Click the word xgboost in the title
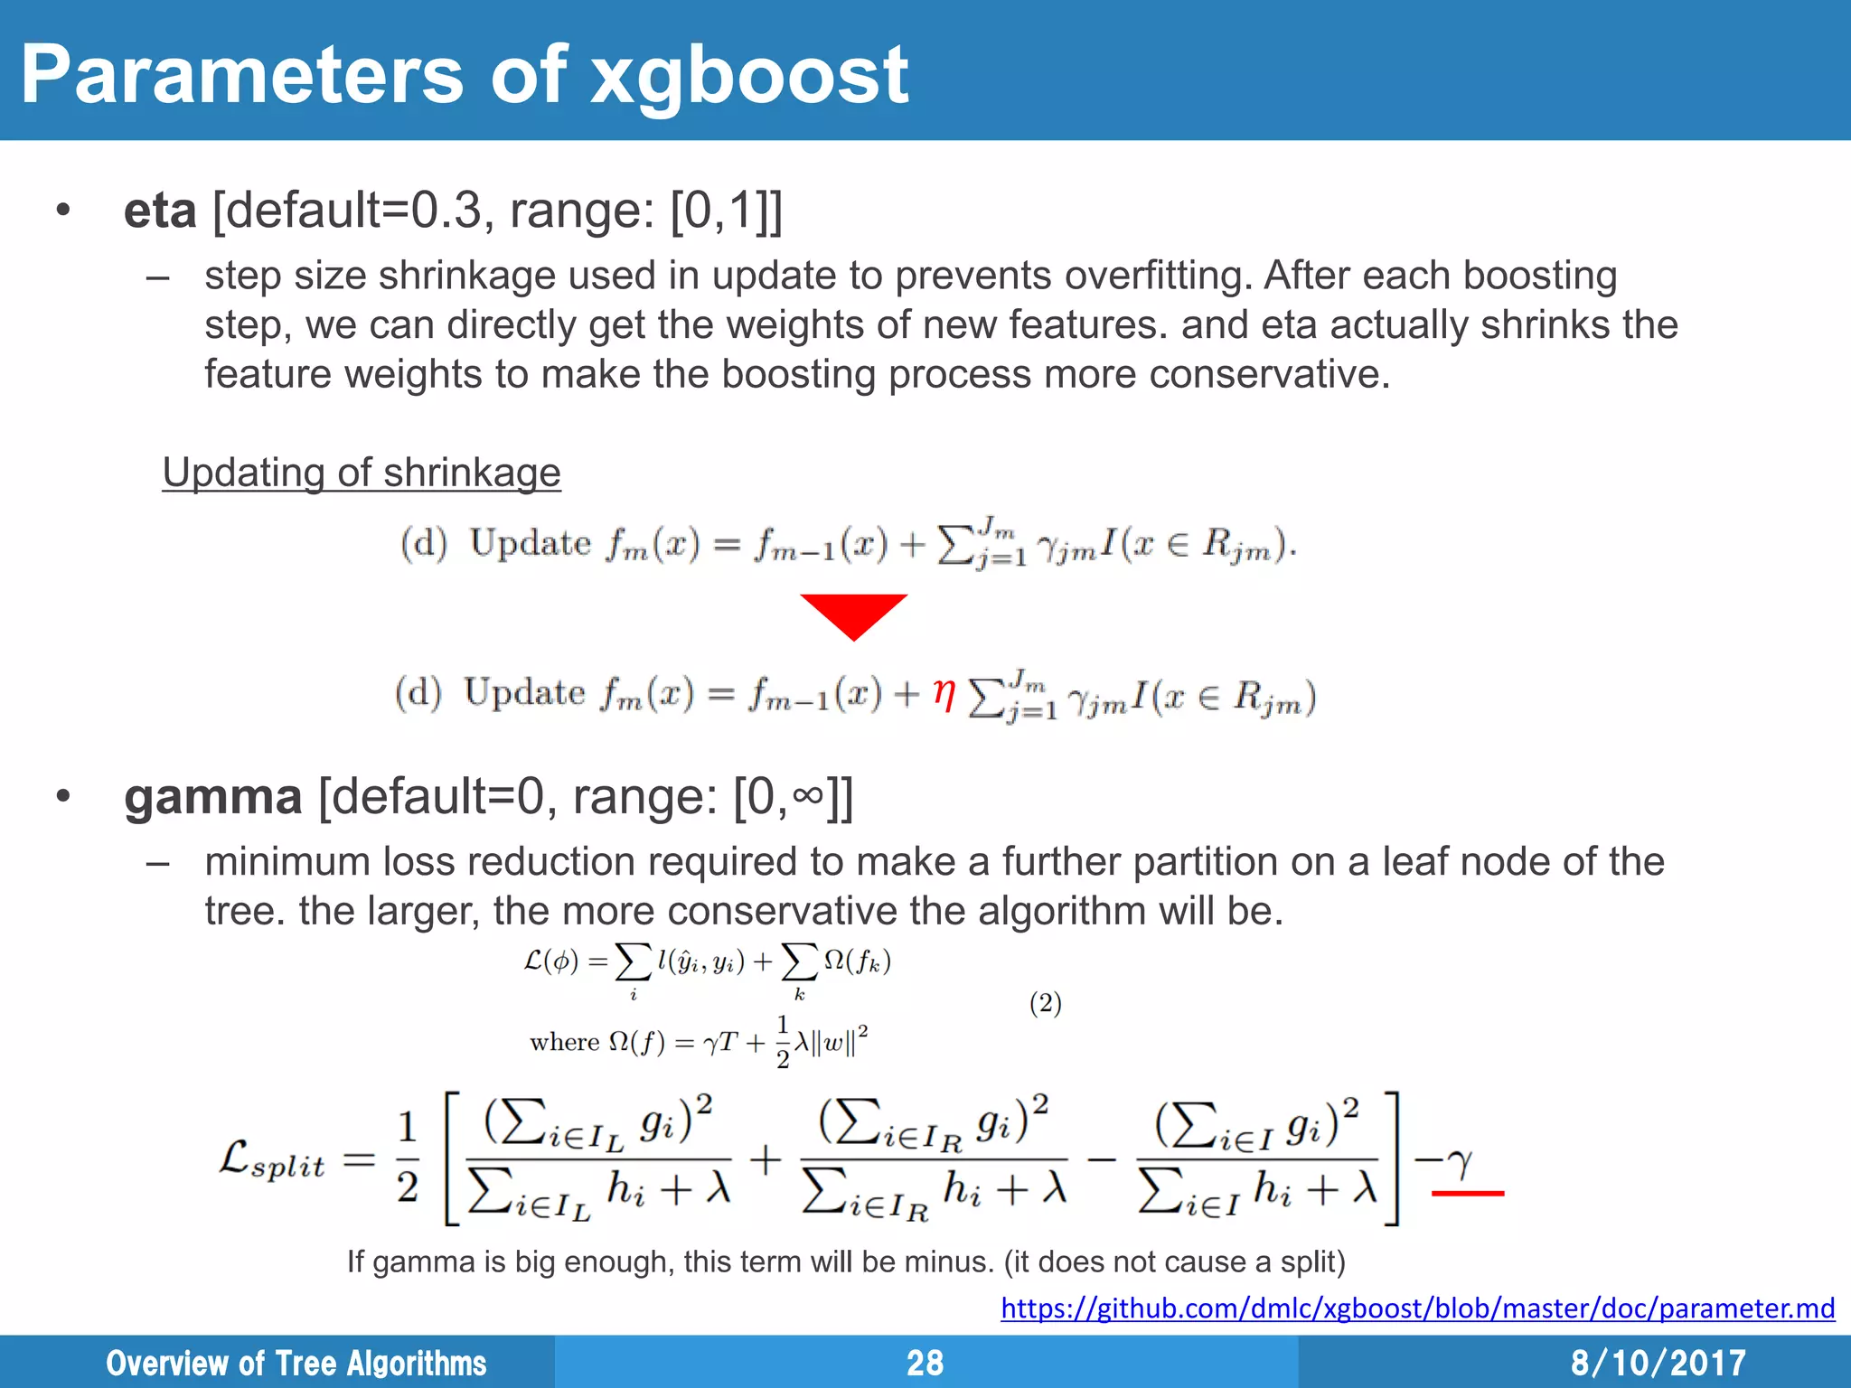[x=749, y=76]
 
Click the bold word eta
[x=160, y=211]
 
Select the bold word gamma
[x=213, y=797]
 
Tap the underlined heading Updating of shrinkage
[x=362, y=473]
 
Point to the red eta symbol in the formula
[x=944, y=694]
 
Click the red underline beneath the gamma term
[x=1468, y=1194]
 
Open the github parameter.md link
[x=1417, y=1308]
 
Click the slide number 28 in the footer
[x=925, y=1363]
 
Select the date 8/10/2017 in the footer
[x=1658, y=1363]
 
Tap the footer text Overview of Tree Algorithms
[x=296, y=1363]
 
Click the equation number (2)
[x=1046, y=1003]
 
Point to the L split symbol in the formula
[x=272, y=1160]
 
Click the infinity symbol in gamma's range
[x=808, y=795]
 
